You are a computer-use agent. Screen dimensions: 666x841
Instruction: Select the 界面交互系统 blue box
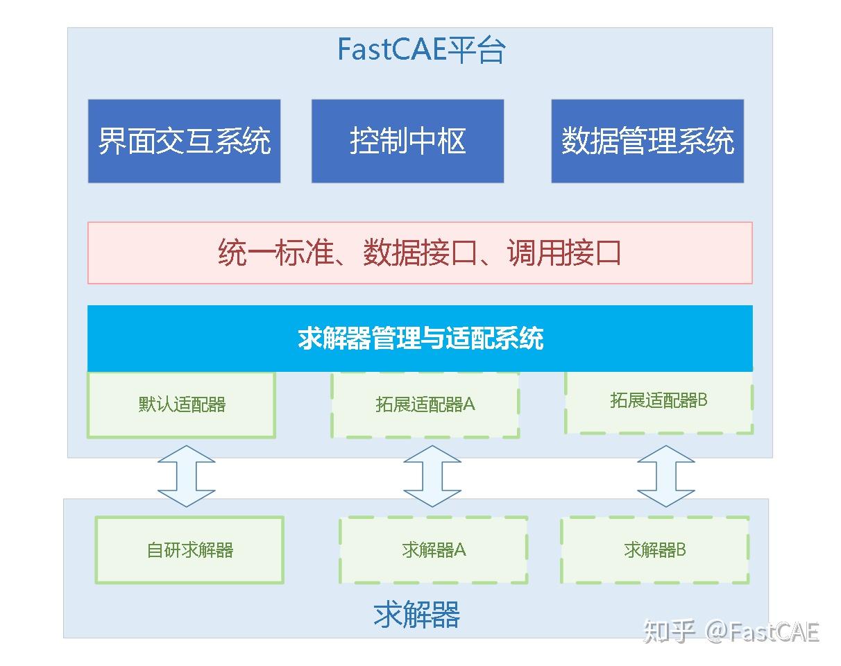point(184,142)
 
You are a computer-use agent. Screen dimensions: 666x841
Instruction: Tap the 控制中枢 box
point(407,142)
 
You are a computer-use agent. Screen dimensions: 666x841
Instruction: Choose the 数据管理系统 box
point(647,142)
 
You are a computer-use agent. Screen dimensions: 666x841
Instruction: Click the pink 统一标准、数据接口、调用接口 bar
point(420,253)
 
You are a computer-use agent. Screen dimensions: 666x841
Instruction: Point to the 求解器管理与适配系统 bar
point(420,339)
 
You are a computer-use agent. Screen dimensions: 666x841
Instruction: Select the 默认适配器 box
point(181,405)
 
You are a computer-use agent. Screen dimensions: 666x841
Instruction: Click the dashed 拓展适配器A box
point(425,405)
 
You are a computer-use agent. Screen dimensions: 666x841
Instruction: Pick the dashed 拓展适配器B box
point(659,402)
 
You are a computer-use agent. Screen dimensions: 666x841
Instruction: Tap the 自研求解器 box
point(189,550)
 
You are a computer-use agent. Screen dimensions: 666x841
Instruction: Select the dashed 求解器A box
point(433,550)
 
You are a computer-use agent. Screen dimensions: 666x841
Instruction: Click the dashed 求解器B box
point(654,550)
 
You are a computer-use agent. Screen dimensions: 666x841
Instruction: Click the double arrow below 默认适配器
point(186,476)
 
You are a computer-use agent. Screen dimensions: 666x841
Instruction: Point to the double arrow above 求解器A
point(432,476)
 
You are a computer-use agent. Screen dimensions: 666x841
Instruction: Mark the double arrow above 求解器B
point(666,476)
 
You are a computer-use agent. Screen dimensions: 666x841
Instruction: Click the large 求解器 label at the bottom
point(416,615)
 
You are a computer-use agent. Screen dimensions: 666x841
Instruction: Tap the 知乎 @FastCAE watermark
point(731,632)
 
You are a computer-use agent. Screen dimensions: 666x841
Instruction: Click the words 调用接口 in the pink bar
point(563,253)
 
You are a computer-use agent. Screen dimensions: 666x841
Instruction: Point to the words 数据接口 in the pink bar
point(420,253)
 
